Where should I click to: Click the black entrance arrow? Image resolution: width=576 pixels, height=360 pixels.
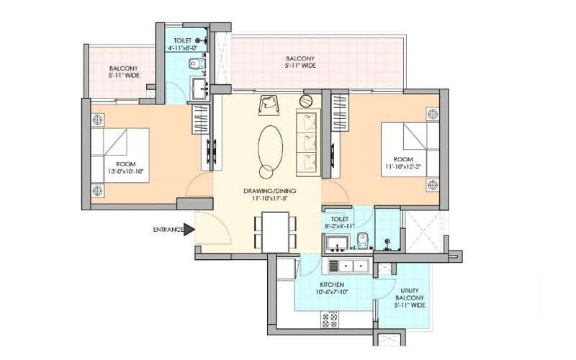coord(189,230)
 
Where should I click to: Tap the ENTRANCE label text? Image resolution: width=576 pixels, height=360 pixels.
coord(168,230)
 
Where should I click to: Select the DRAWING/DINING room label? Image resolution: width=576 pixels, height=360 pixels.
coord(269,191)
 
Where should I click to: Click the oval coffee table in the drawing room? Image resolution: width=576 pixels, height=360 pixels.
coord(271,147)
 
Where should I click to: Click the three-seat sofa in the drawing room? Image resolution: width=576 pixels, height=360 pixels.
coord(309,143)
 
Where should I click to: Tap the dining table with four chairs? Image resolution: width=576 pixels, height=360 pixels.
coord(276,232)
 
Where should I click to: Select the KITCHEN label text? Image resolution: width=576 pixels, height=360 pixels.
coord(332,284)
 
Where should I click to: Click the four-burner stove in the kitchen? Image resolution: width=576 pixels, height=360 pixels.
coord(330,320)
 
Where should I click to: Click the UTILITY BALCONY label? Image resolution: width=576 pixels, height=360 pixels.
coord(410,294)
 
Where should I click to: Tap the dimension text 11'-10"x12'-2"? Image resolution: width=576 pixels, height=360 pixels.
coord(403,166)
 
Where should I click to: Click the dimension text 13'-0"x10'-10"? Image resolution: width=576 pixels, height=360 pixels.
coord(125,171)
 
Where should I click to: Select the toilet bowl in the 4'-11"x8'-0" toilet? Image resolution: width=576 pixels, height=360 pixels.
coord(196,64)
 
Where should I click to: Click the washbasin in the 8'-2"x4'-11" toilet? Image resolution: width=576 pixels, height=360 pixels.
coord(337,243)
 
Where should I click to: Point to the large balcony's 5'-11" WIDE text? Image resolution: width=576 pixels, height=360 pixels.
coord(300,66)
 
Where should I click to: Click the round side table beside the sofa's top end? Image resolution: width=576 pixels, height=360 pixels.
coord(305,101)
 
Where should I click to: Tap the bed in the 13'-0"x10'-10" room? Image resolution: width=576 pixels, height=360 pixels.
coord(120,155)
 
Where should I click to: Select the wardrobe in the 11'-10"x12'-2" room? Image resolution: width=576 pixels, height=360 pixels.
coord(340,112)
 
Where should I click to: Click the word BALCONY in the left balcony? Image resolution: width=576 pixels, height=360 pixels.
coord(123,68)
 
